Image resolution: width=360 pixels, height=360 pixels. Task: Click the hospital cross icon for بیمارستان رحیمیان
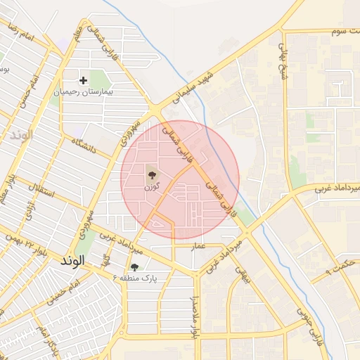coord(84,80)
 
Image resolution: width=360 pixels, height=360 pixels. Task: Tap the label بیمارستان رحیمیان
coord(84,92)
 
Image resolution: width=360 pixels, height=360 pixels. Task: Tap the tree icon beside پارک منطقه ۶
coord(134,267)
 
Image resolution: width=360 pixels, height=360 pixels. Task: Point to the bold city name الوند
coord(72,260)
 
